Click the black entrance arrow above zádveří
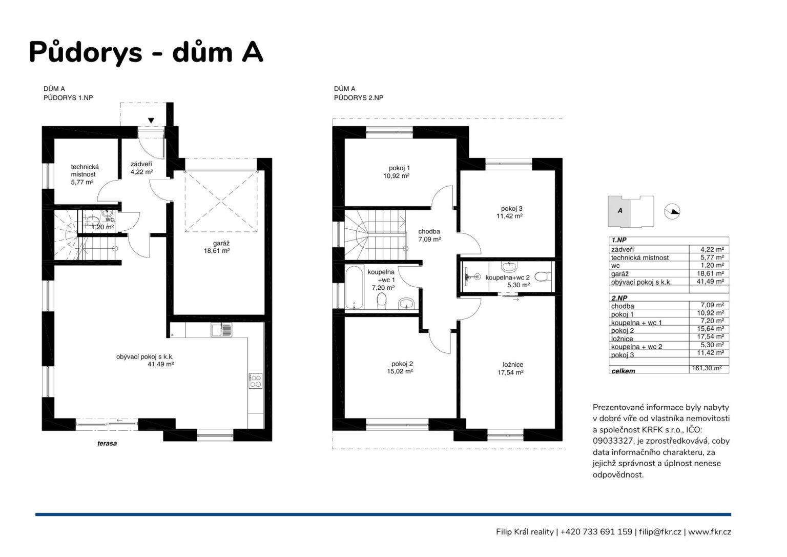pyautogui.click(x=151, y=121)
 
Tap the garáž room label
pyautogui.click(x=217, y=247)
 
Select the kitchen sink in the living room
pyautogui.click(x=221, y=330)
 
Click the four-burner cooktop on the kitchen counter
pyautogui.click(x=256, y=381)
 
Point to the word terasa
pyautogui.click(x=107, y=444)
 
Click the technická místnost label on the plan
pyautogui.click(x=85, y=174)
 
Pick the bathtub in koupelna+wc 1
pyautogui.click(x=354, y=287)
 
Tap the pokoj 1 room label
pyautogui.click(x=397, y=172)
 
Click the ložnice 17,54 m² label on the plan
pyautogui.click(x=510, y=368)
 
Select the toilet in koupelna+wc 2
pyautogui.click(x=544, y=276)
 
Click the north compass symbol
pyautogui.click(x=672, y=212)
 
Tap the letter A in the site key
pyautogui.click(x=620, y=211)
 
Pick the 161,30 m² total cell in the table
pyautogui.click(x=707, y=368)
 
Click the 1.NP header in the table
pyautogui.click(x=619, y=240)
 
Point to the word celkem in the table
pyautogui.click(x=623, y=371)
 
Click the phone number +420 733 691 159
pyautogui.click(x=596, y=532)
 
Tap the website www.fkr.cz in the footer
pyautogui.click(x=709, y=532)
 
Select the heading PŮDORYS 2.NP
pyautogui.click(x=358, y=98)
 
